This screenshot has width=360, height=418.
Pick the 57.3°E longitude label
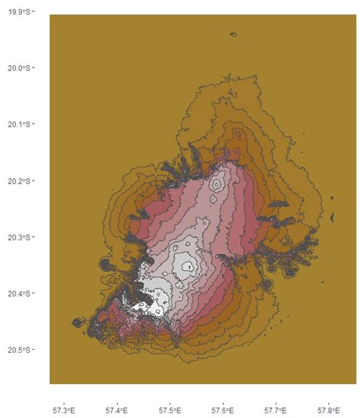65,410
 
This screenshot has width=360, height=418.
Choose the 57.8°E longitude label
329,410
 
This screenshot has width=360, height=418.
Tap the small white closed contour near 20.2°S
218,184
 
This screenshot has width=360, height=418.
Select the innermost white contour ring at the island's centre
185,265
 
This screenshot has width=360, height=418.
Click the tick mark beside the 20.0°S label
36,68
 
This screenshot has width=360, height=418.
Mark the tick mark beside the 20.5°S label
36,350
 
